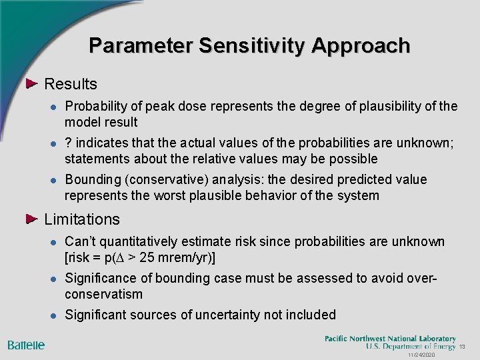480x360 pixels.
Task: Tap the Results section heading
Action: [70, 84]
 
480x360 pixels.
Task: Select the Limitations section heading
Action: [81, 219]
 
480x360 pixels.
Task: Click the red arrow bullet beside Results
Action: [33, 84]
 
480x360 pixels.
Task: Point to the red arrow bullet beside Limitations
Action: [33, 219]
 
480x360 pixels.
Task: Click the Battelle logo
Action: [26, 345]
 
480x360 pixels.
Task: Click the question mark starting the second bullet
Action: [67, 143]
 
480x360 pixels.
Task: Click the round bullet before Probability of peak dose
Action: [52, 107]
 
